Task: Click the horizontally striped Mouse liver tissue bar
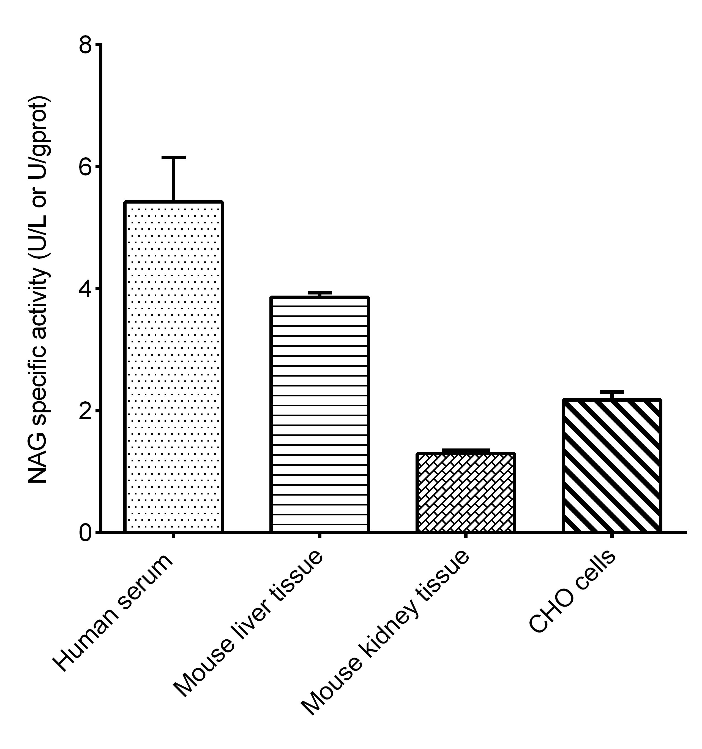(x=319, y=414)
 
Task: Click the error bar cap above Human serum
(x=174, y=157)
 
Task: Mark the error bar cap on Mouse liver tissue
(x=319, y=292)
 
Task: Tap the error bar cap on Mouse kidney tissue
(x=465, y=450)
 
